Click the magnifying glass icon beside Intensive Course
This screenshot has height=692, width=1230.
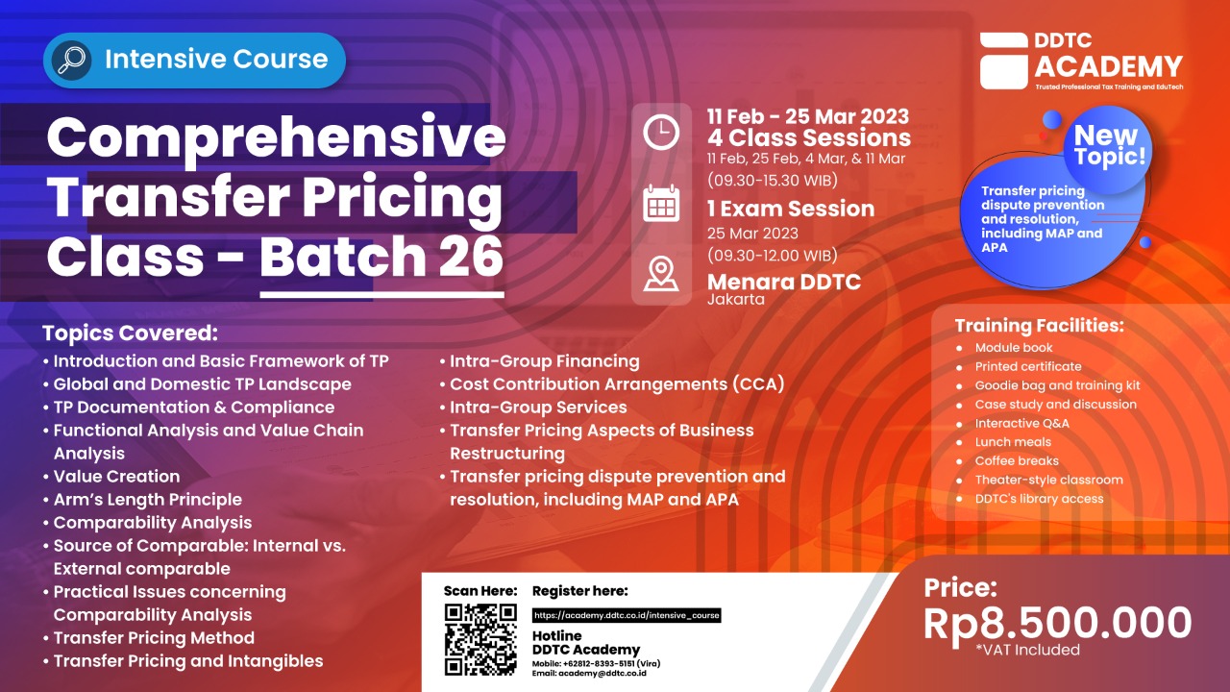(x=71, y=60)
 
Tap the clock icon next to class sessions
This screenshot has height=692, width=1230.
(x=660, y=133)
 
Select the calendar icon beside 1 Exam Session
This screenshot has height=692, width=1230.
(x=660, y=204)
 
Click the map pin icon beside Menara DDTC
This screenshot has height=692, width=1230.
(x=660, y=274)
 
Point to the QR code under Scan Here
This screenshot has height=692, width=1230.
(x=480, y=639)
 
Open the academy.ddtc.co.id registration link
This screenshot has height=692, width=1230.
(x=627, y=615)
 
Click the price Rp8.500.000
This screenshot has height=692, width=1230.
(x=1057, y=624)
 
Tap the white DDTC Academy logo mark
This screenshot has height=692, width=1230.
(x=1004, y=61)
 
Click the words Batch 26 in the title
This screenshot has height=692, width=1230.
(x=381, y=256)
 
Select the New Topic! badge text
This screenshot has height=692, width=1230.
(x=1109, y=145)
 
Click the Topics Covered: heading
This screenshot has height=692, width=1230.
(x=130, y=333)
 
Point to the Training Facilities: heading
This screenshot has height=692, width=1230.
(x=1039, y=325)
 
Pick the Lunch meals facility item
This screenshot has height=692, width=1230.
(x=1013, y=442)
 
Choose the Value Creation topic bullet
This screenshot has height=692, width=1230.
(x=116, y=476)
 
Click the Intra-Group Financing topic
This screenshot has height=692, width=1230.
(x=544, y=360)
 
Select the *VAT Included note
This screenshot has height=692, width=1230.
(x=1027, y=650)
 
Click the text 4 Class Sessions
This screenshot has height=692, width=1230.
(x=809, y=137)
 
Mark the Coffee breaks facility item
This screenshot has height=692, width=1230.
(x=1017, y=460)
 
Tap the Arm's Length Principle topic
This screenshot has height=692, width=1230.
(x=148, y=499)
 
